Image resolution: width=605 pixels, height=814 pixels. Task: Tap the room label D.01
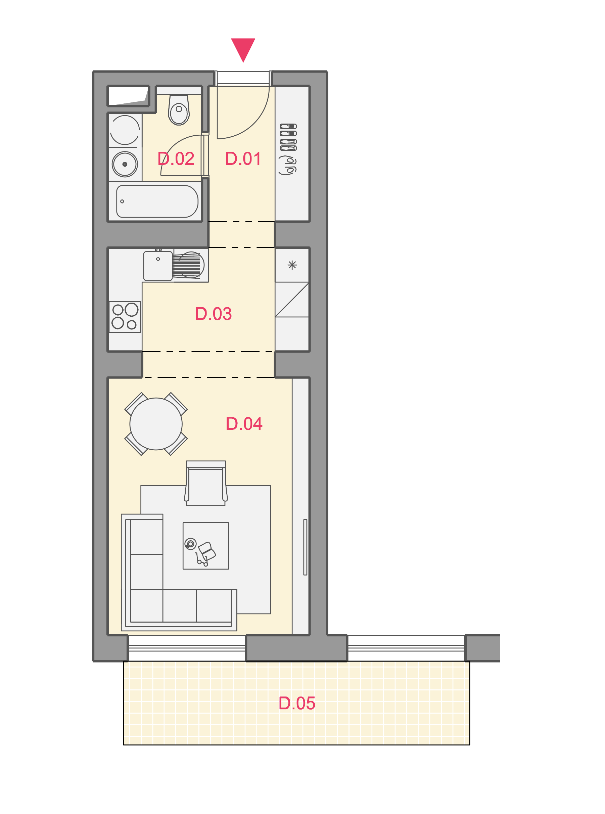point(243,159)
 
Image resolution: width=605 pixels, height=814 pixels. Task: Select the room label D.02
point(176,159)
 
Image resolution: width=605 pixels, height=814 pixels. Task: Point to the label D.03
point(214,314)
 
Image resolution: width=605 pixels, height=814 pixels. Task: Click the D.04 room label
point(244,424)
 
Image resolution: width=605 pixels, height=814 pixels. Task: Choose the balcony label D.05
point(297,704)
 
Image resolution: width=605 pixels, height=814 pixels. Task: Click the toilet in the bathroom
point(179,109)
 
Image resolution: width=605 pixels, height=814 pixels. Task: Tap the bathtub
point(157,201)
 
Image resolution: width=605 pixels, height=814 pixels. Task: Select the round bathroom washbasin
point(125,164)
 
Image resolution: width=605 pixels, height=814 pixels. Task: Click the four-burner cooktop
point(125,317)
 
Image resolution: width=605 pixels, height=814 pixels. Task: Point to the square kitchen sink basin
point(158,266)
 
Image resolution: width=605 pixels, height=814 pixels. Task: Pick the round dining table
point(156,424)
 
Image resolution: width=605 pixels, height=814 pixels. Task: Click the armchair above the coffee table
point(206,483)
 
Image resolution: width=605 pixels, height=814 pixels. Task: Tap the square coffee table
point(206,546)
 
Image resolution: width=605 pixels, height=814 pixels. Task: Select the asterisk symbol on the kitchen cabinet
point(292,265)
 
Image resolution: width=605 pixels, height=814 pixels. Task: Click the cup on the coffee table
point(190,544)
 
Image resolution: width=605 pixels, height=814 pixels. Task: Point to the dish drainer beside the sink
point(188,265)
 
